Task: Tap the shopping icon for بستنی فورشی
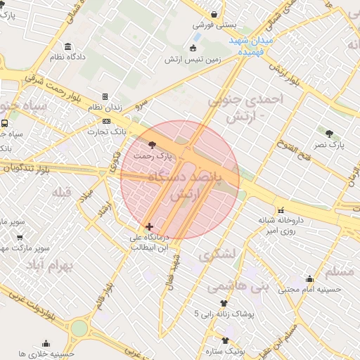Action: (x=214, y=14)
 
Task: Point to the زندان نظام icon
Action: (x=105, y=96)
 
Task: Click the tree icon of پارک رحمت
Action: (x=153, y=144)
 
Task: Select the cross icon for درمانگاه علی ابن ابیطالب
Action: (x=149, y=226)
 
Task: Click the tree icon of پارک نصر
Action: (x=330, y=132)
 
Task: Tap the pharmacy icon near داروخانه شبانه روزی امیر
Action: (x=281, y=210)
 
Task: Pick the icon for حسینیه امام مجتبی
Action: (x=309, y=278)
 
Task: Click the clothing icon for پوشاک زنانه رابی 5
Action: (x=224, y=303)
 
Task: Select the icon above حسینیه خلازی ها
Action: (x=46, y=343)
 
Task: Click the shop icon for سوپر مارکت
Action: (x=20, y=237)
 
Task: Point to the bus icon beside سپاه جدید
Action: (x=5, y=123)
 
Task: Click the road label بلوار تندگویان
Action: (x=28, y=169)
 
